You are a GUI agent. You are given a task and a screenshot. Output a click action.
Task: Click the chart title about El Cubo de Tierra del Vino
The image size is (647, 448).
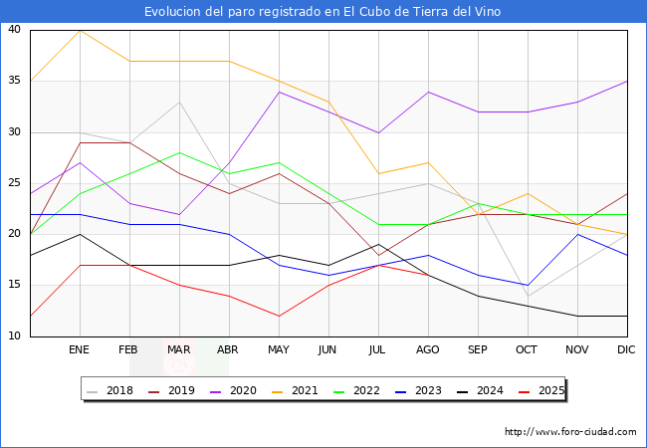pos(323,12)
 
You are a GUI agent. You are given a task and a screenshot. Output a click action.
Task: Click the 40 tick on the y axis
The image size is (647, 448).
pos(14,30)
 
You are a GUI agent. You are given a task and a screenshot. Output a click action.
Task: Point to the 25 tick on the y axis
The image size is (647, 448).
pos(14,183)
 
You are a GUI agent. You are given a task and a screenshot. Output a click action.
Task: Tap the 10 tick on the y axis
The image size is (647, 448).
pos(14,336)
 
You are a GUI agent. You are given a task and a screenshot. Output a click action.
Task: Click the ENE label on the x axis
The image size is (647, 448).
pos(80,350)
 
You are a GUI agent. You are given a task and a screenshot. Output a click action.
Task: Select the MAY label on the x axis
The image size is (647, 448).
pos(279,350)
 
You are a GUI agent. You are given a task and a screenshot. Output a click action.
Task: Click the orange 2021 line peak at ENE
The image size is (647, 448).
pos(80,30)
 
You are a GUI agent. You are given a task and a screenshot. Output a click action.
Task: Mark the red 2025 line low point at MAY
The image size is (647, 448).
pos(279,316)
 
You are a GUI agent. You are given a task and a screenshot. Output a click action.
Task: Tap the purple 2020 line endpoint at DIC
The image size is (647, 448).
pos(627,81)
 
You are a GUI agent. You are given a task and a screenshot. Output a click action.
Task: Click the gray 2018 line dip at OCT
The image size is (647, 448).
pos(528,296)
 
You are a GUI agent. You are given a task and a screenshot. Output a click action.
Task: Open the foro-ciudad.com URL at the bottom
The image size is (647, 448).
pos(570,432)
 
